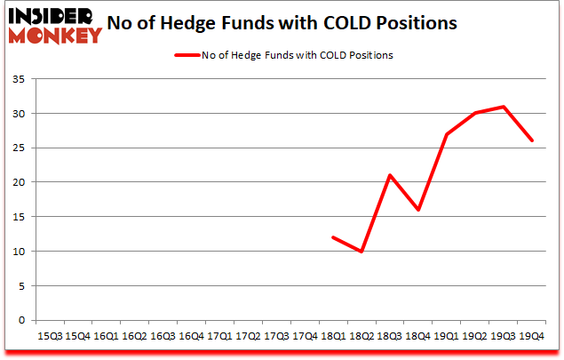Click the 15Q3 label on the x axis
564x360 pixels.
point(49,336)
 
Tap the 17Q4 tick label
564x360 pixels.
point(305,336)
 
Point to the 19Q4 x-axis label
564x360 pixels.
point(532,336)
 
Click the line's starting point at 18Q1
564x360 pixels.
point(332,237)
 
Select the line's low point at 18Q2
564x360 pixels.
point(361,252)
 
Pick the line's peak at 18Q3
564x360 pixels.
point(389,176)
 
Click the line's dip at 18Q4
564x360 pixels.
point(417,210)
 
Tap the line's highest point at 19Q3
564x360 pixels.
point(503,107)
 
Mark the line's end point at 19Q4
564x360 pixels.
point(531,141)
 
